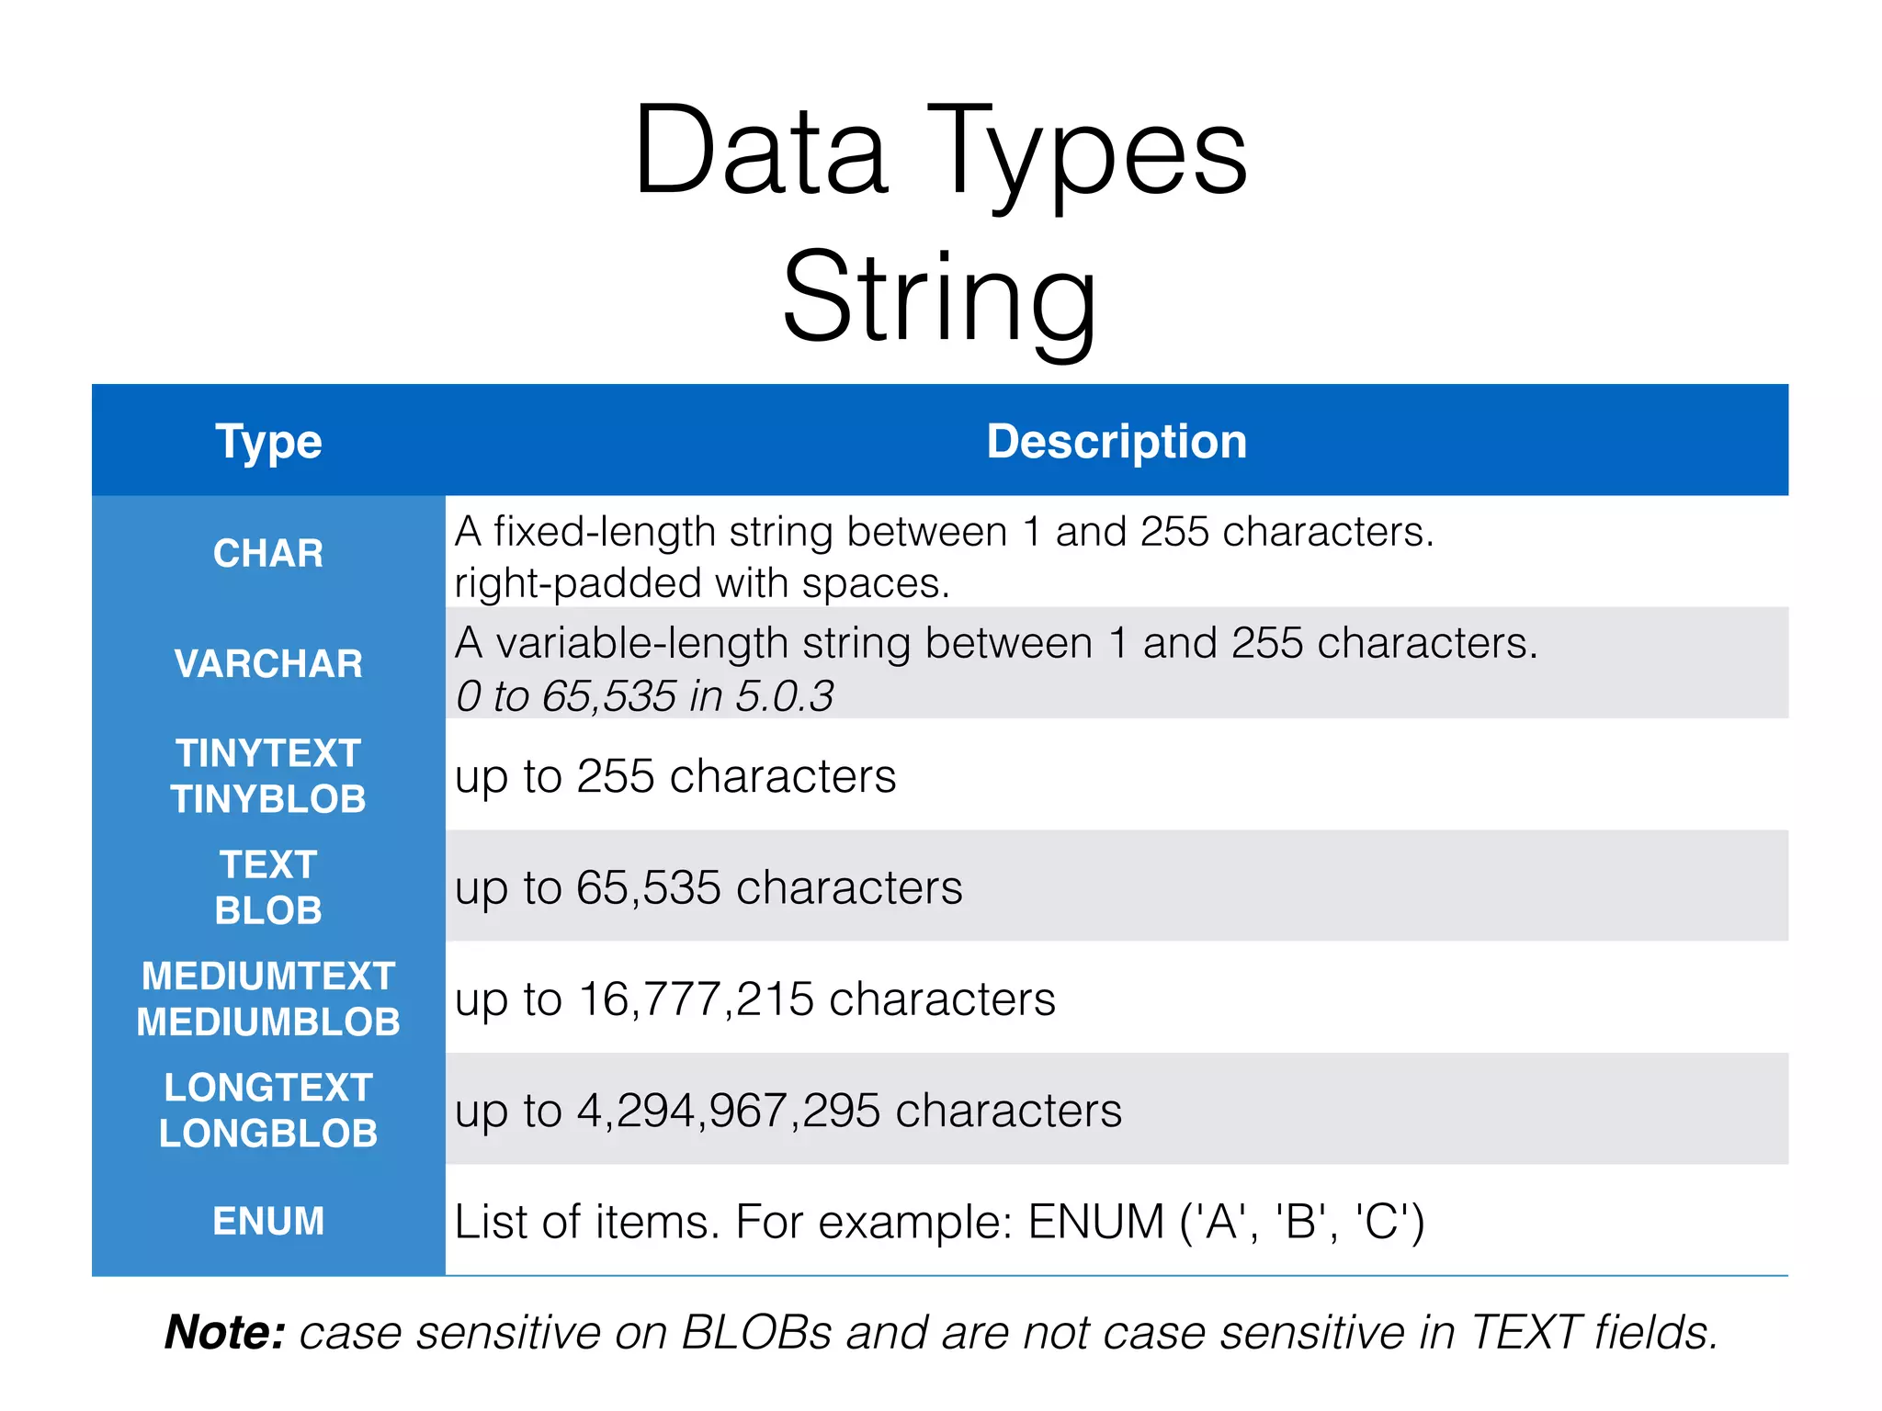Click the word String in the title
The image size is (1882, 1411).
point(939,299)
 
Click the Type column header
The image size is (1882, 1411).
point(268,442)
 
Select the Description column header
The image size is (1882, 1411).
point(1117,442)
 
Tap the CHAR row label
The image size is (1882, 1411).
point(268,553)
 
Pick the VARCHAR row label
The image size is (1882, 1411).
point(268,664)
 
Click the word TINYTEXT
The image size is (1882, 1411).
point(268,753)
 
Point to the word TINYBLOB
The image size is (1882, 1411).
point(268,799)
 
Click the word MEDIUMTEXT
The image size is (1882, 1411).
point(268,976)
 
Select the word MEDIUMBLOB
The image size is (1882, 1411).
point(268,1022)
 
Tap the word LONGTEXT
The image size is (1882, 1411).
point(268,1088)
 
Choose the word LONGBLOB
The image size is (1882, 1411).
point(268,1134)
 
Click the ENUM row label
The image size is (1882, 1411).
point(268,1222)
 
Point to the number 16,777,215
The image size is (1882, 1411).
point(696,999)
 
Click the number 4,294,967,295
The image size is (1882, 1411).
point(729,1111)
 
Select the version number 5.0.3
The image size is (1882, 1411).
point(784,696)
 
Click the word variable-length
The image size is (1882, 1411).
point(703,643)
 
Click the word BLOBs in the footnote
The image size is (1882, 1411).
point(756,1332)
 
